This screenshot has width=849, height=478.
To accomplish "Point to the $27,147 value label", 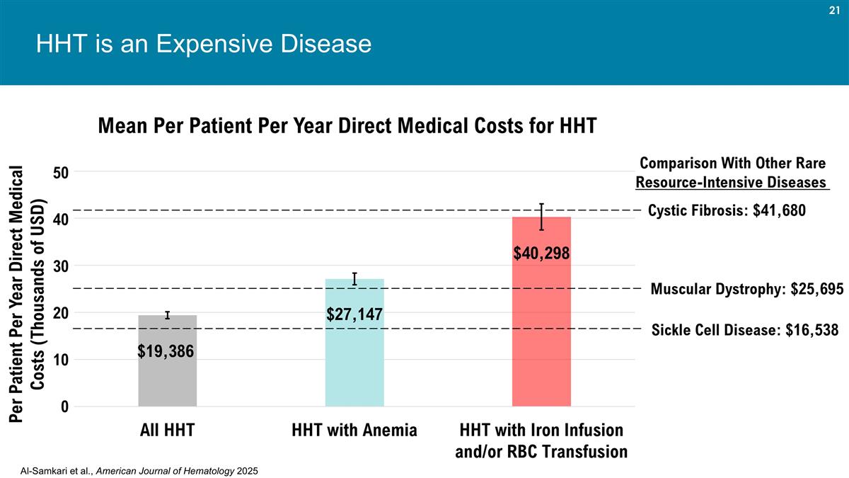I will pyautogui.click(x=354, y=313).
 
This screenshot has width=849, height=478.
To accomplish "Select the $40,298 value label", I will pyautogui.click(x=541, y=252).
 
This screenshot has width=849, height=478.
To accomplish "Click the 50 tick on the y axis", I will pyautogui.click(x=60, y=172).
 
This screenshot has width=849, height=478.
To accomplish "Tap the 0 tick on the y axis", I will pyautogui.click(x=64, y=407).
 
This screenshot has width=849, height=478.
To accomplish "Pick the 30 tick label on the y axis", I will pyautogui.click(x=60, y=266).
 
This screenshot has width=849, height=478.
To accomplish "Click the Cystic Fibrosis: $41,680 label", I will pyautogui.click(x=727, y=210).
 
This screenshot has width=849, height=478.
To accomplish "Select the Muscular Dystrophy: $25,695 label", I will pyautogui.click(x=746, y=289).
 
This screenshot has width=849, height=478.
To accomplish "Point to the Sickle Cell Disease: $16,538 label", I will pyautogui.click(x=744, y=329).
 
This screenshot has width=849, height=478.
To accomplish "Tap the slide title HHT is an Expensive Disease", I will pyautogui.click(x=204, y=45).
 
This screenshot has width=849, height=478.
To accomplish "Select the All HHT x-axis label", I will pyautogui.click(x=168, y=430).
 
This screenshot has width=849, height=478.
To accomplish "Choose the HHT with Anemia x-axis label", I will pyautogui.click(x=354, y=430).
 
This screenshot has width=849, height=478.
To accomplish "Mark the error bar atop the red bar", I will pyautogui.click(x=541, y=216).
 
